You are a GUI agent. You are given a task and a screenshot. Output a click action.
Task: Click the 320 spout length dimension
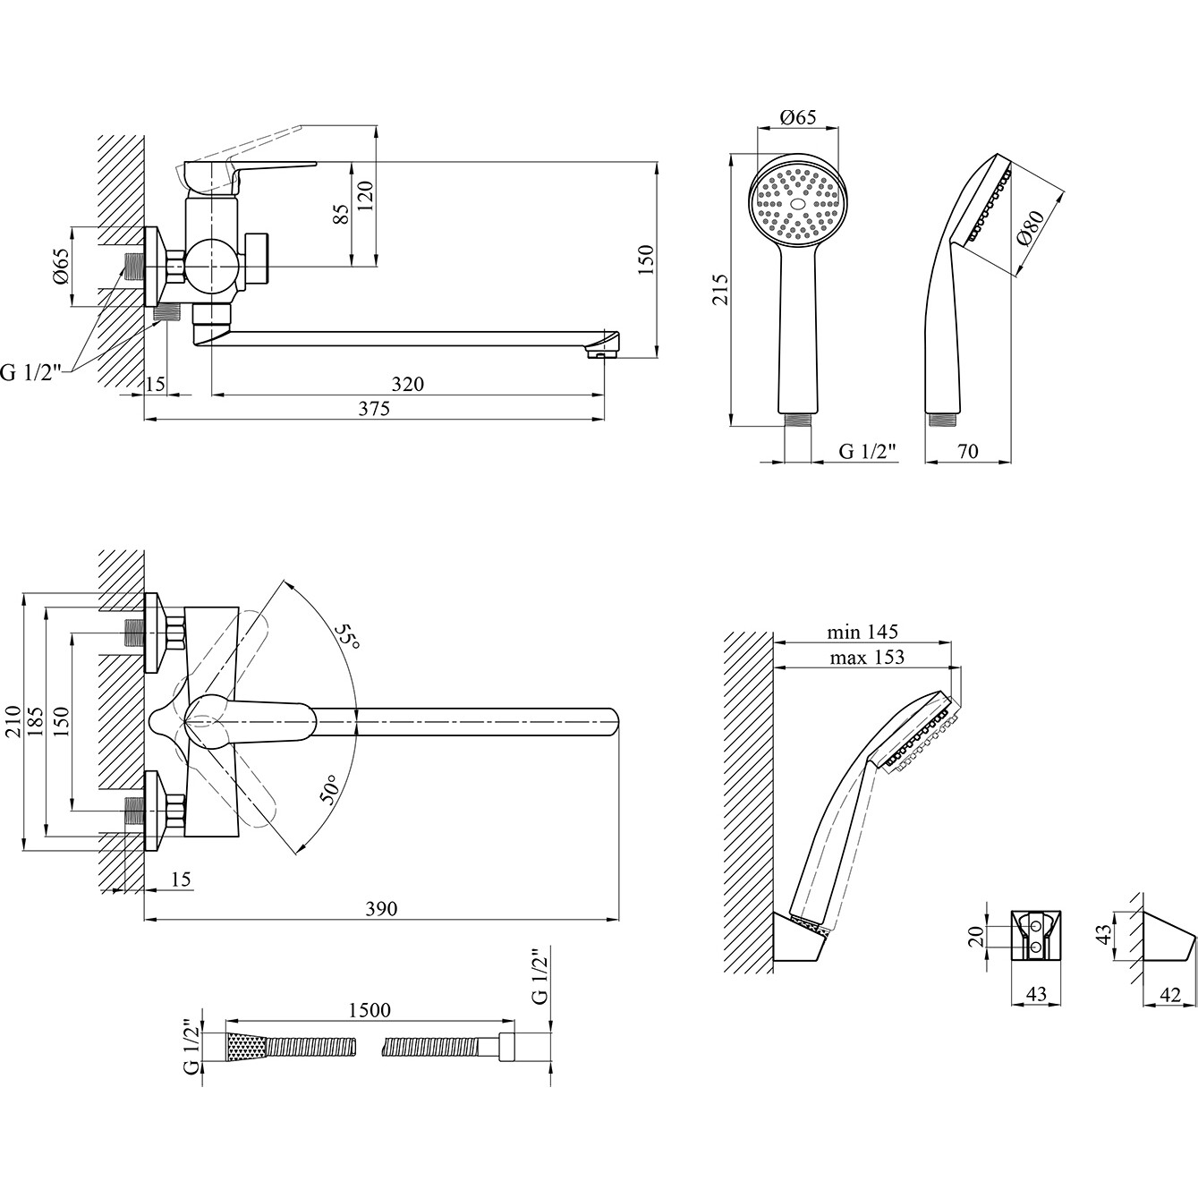[x=407, y=384]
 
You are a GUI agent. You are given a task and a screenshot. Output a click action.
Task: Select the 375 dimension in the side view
[x=374, y=409]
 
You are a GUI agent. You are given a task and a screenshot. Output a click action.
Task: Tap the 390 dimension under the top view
[x=380, y=909]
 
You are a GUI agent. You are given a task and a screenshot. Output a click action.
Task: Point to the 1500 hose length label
[x=370, y=1010]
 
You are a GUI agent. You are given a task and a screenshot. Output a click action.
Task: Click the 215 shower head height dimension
[x=720, y=289]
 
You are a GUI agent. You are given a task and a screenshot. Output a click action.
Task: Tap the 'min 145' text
[x=862, y=633]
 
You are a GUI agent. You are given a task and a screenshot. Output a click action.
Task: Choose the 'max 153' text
[x=867, y=657]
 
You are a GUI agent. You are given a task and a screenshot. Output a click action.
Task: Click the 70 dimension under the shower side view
[x=967, y=451]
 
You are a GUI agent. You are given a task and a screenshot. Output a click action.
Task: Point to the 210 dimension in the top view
[x=13, y=722]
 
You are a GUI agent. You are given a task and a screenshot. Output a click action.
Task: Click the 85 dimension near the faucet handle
[x=341, y=213]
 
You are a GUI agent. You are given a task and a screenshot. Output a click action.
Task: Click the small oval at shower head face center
[x=796, y=203]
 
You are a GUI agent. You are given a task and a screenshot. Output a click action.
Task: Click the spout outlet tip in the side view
[x=598, y=355]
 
